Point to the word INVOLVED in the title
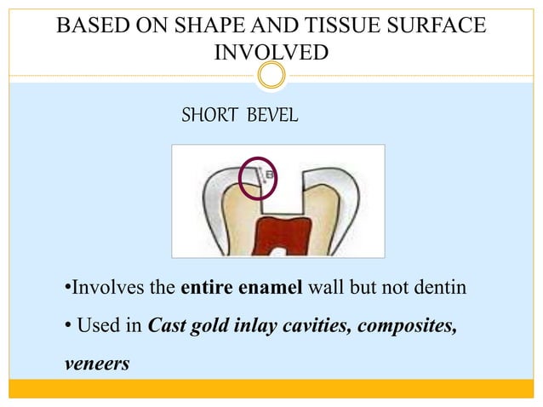(271, 53)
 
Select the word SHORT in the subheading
(211, 114)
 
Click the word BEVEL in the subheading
(271, 114)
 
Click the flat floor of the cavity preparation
(284, 209)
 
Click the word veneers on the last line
(97, 364)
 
